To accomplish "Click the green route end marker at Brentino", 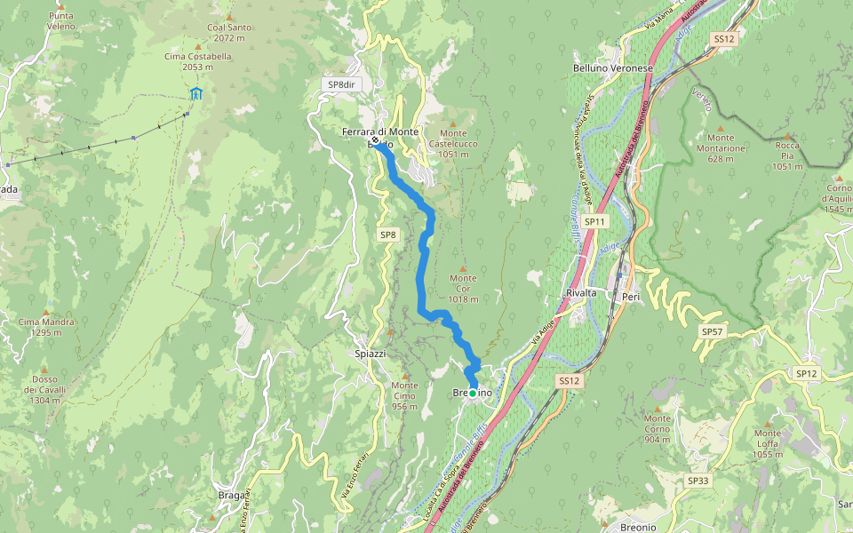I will tap(473, 393).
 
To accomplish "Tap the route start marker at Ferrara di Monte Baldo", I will tap(376, 141).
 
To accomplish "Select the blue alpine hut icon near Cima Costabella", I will tap(195, 93).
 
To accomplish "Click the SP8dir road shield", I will tap(340, 84).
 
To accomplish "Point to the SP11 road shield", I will tap(595, 221).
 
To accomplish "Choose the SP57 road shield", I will tap(713, 331).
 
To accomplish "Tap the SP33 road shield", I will tap(698, 480).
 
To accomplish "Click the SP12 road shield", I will tap(806, 374).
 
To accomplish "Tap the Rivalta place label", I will tap(581, 292).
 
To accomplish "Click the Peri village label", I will tap(632, 296).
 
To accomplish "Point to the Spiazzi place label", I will tap(371, 354).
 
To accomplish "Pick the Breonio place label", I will tap(638, 528).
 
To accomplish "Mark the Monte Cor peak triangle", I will tap(463, 267).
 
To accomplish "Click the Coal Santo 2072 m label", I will tap(229, 33).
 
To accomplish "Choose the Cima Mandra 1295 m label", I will tap(46, 327).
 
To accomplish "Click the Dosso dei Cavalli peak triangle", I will tap(45, 368).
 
